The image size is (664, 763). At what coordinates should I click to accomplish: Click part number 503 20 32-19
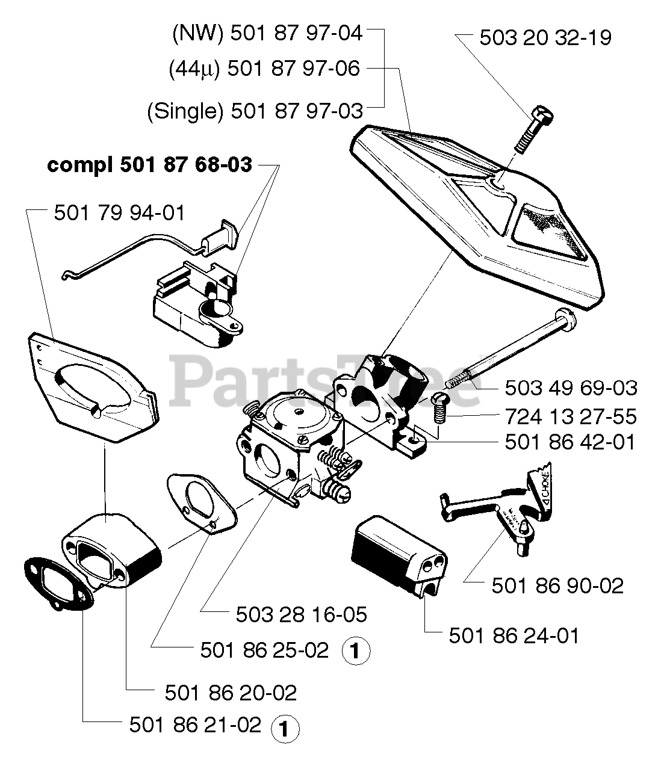(x=545, y=37)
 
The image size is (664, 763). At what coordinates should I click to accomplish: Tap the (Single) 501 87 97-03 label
(x=255, y=111)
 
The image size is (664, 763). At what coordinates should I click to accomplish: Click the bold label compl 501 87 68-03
(x=149, y=164)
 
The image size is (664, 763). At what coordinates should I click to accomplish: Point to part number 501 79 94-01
(x=120, y=212)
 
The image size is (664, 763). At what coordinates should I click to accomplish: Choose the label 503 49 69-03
(x=571, y=388)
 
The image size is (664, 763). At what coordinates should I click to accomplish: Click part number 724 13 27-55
(x=571, y=416)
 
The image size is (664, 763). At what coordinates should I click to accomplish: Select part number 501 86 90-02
(x=557, y=585)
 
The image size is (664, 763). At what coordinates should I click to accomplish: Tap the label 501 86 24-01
(x=514, y=635)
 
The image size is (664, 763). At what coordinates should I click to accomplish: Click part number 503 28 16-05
(x=301, y=614)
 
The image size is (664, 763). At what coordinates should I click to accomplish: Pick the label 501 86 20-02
(x=231, y=693)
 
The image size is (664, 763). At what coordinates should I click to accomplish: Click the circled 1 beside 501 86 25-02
(x=355, y=652)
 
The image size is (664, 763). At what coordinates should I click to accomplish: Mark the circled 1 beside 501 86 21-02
(x=285, y=729)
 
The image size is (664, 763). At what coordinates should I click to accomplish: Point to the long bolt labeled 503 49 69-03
(x=512, y=349)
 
